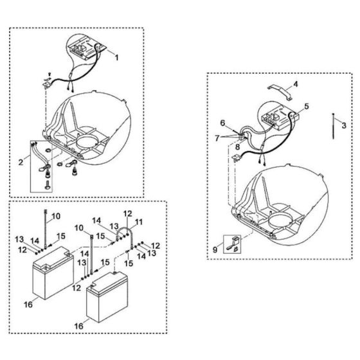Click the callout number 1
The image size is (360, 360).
click(x=116, y=57)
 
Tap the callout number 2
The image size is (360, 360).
click(x=21, y=162)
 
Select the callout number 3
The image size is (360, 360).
click(x=344, y=125)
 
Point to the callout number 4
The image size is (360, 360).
click(x=296, y=84)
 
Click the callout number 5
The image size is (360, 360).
click(x=306, y=106)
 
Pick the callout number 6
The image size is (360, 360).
click(x=222, y=123)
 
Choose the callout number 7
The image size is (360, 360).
click(x=217, y=138)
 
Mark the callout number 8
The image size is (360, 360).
click(x=237, y=147)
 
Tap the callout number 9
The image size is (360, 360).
click(x=215, y=249)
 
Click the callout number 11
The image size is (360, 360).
click(x=138, y=222)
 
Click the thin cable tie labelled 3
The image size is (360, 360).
click(x=333, y=126)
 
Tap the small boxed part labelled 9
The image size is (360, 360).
click(x=232, y=244)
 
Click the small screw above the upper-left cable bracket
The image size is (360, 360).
click(x=50, y=74)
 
